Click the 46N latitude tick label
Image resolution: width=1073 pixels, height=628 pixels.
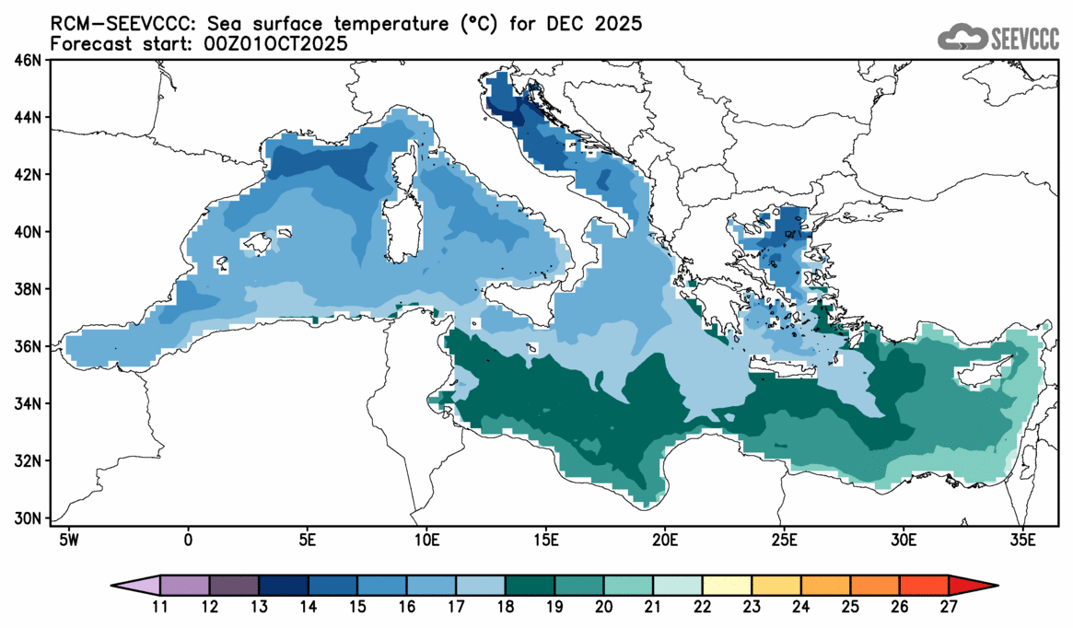29,61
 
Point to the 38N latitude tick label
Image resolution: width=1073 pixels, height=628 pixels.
29,289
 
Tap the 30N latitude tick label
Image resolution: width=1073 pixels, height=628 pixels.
29,518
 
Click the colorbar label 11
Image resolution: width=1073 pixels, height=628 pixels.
160,607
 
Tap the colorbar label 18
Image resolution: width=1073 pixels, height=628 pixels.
506,607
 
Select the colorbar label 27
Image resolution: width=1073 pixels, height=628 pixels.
950,607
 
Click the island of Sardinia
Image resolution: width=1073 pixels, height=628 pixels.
399,230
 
